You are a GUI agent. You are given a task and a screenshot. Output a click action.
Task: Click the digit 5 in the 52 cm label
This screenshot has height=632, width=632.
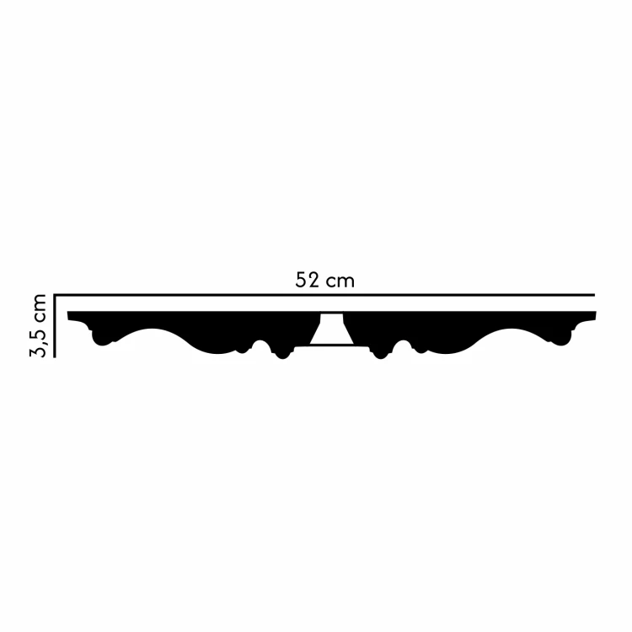coord(301,281)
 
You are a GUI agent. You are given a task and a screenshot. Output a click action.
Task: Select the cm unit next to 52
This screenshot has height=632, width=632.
coord(340,281)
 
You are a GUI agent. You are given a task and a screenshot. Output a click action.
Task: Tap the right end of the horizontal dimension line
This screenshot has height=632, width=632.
coord(593,296)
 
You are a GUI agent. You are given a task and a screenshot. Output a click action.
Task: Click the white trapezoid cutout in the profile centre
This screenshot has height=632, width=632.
coord(329,330)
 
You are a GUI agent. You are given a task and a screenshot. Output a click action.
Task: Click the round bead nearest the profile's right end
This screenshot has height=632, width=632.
coord(558,340)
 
